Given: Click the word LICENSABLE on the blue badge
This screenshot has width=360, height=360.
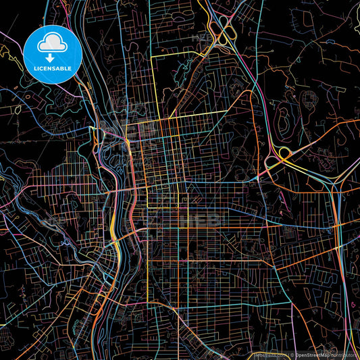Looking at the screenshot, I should pyautogui.click(x=52, y=69).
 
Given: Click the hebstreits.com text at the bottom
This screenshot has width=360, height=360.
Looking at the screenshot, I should pyautogui.click(x=268, y=355).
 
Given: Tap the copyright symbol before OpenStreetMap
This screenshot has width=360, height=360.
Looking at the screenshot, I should pyautogui.click(x=291, y=355).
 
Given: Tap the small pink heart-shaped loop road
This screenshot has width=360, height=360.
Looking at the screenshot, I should pyautogui.click(x=310, y=99).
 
